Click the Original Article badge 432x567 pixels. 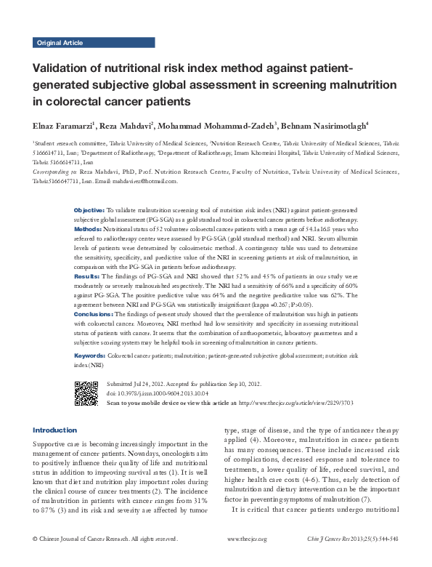pyautogui.click(x=60, y=43)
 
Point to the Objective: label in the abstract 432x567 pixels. pyautogui.click(x=89, y=209)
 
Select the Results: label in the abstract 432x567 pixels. pyautogui.click(x=86, y=277)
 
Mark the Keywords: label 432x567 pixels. pyautogui.click(x=90, y=355)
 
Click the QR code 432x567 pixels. pyautogui.click(x=86, y=392)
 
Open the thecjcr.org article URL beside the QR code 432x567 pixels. pyautogui.click(x=296, y=403)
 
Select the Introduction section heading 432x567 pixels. pyautogui.click(x=55, y=430)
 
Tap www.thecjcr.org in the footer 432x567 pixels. pyautogui.click(x=247, y=559)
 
